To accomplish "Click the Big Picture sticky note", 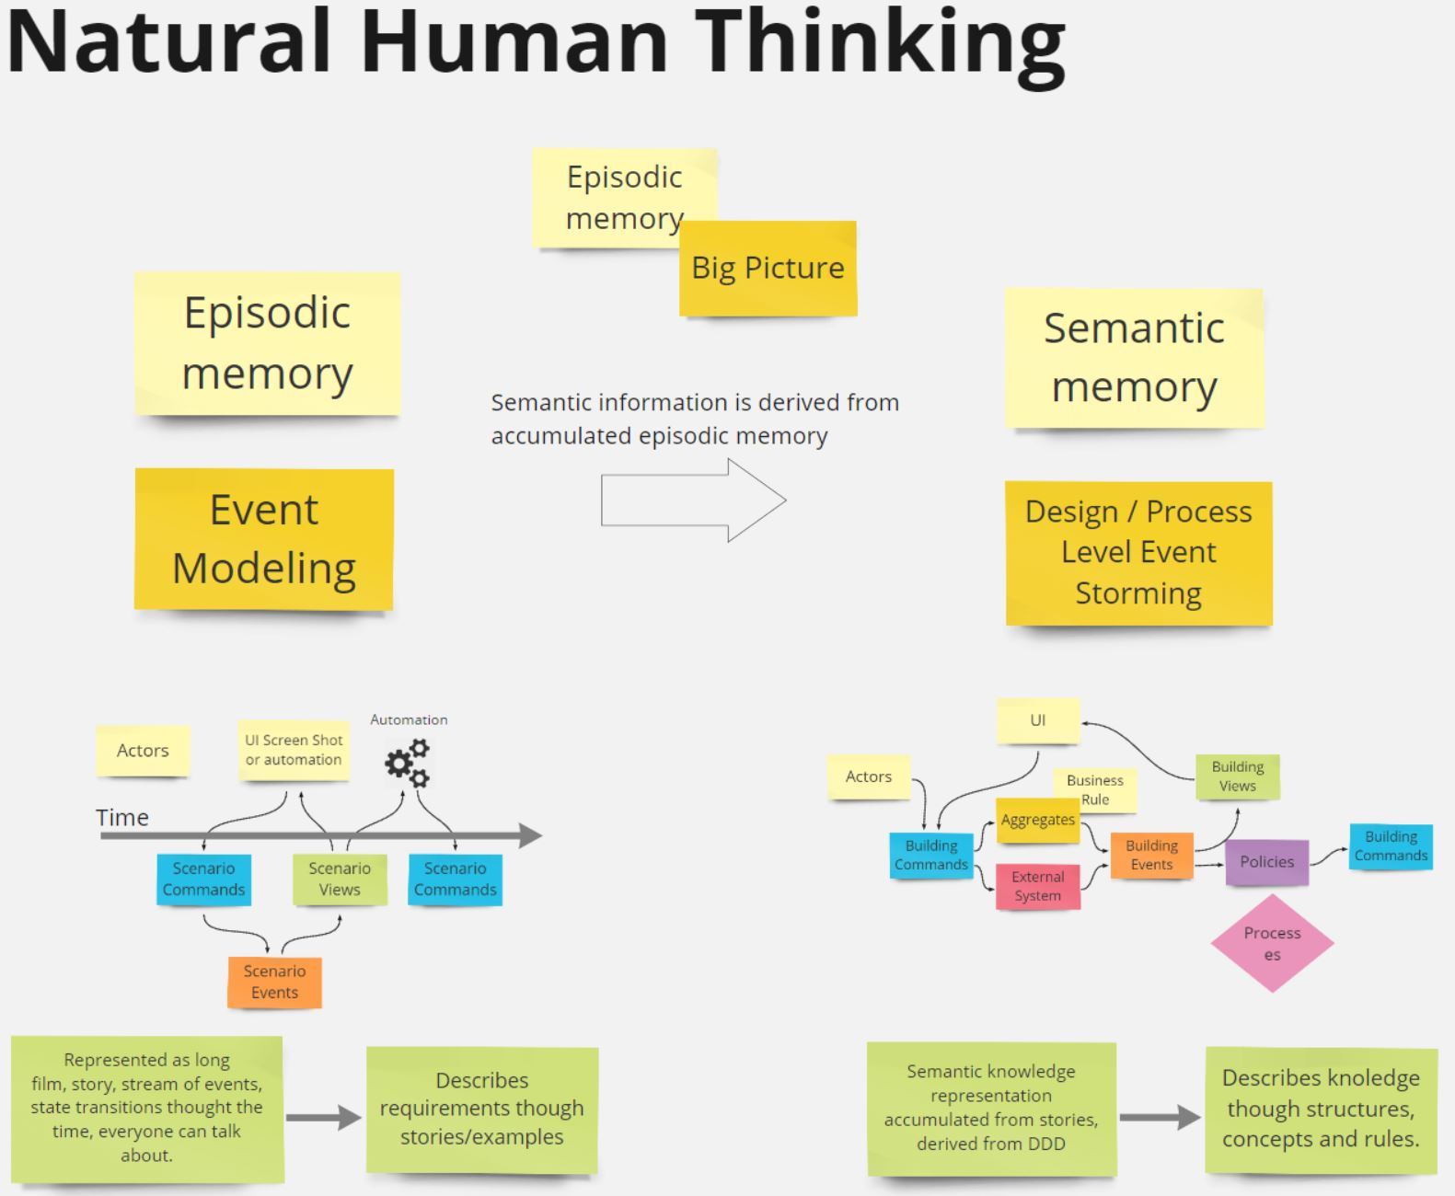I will [768, 269].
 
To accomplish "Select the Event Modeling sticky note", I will [264, 539].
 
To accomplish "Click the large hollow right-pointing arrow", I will [694, 500].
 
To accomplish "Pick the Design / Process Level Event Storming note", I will [1138, 553].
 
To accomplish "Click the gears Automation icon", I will [408, 764].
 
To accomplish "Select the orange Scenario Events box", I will [274, 982].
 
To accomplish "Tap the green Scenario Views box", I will [340, 879].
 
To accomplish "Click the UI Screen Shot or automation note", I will [294, 750].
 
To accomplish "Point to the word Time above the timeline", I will [122, 817].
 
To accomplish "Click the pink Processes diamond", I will [1272, 943].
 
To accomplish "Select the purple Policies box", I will [1266, 862].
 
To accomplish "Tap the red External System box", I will [1037, 886].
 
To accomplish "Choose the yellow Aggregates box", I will [1037, 820].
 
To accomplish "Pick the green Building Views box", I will [1237, 776].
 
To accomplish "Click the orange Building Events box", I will [1151, 855].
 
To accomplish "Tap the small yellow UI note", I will [1037, 720].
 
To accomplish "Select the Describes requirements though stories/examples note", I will [482, 1109].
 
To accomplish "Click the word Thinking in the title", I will [880, 41].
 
